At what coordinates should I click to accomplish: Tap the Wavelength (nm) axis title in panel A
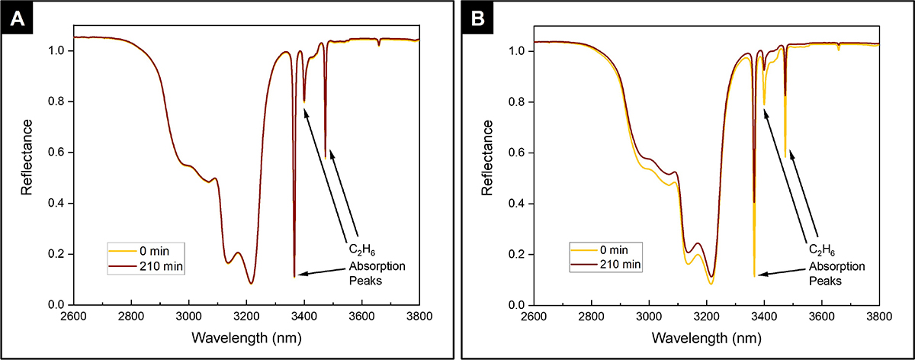coord(246,337)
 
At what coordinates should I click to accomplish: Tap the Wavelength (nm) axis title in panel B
coord(706,337)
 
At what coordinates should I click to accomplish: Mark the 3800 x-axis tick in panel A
coord(419,317)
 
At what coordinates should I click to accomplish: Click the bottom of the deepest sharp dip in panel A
coord(294,276)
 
